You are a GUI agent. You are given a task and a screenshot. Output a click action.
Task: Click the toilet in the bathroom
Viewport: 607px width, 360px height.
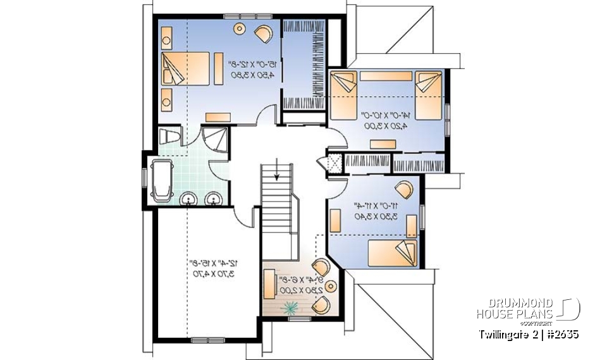(169, 136)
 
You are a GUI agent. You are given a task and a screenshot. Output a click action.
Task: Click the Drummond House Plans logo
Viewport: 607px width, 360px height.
(528, 308)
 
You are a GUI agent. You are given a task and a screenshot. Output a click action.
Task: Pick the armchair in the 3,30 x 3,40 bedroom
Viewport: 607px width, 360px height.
(403, 189)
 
